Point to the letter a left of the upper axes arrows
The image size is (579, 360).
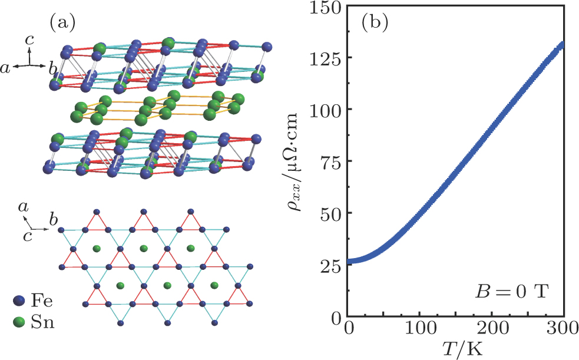6,70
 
